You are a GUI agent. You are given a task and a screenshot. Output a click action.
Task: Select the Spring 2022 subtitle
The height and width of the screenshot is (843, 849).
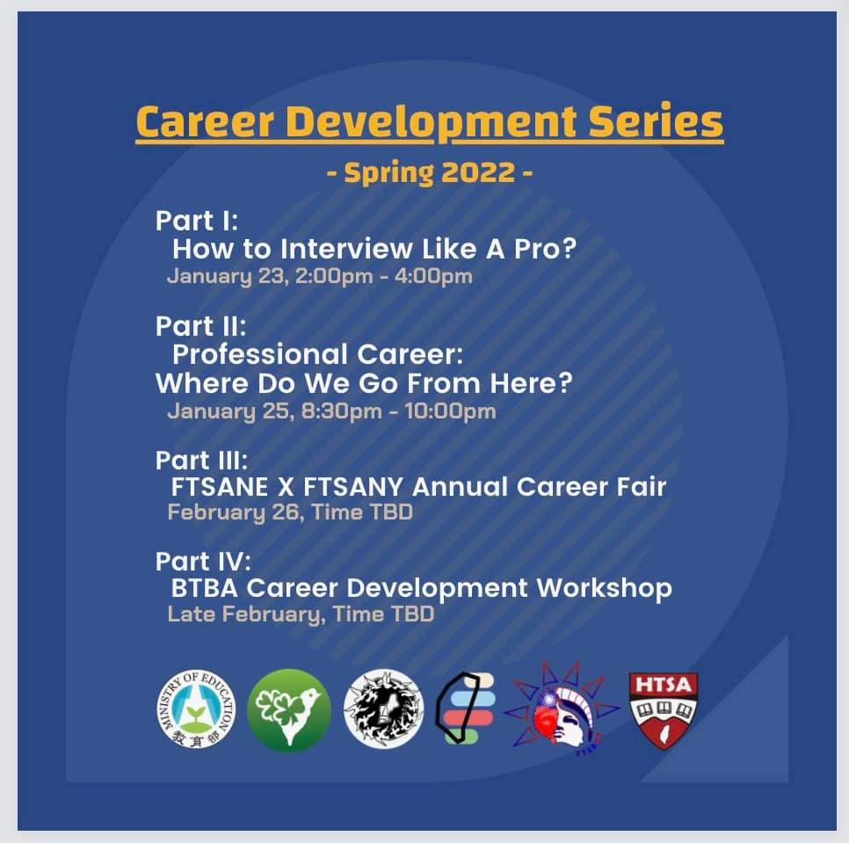pos(430,173)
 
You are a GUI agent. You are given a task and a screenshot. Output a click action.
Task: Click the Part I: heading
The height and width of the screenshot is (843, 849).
pos(197,221)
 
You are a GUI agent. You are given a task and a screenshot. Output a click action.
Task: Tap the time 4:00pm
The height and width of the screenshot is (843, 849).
pos(433,276)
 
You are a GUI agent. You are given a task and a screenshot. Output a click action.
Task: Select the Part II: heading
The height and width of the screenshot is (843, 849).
pos(201,326)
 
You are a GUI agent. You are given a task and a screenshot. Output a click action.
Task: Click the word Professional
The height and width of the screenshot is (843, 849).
pos(260,354)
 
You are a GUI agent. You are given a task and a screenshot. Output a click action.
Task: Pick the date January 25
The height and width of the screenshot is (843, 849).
pos(231,411)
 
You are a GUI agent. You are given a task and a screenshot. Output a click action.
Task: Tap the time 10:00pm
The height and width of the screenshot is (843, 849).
pos(451,411)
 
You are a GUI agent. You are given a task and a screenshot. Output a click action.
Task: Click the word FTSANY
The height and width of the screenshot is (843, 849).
pos(353,486)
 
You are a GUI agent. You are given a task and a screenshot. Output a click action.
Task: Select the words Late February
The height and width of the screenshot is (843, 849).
pos(246,614)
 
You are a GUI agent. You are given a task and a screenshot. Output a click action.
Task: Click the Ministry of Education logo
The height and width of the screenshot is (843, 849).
pos(197,709)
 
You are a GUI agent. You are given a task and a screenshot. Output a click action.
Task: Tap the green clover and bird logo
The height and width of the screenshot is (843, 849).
pos(288,709)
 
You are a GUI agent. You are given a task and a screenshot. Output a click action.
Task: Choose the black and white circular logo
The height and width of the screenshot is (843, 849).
pos(384,709)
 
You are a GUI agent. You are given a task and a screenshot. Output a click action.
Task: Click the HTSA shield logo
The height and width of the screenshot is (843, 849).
pos(664,710)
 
